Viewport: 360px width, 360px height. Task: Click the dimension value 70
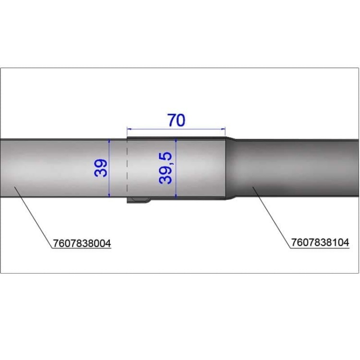tap(176, 120)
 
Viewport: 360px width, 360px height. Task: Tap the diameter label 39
tap(101, 168)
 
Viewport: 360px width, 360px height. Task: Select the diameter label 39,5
tap(165, 168)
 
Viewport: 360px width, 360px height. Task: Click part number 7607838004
tap(82, 243)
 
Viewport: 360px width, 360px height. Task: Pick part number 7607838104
tap(320, 242)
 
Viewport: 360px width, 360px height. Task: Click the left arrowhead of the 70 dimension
tap(129, 129)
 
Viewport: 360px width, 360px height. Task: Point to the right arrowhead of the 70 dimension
tap(223, 129)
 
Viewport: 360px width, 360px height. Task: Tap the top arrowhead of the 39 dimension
tap(109, 141)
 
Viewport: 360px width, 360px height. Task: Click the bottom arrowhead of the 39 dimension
tap(109, 195)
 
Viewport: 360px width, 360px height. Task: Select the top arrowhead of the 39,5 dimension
tap(176, 140)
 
